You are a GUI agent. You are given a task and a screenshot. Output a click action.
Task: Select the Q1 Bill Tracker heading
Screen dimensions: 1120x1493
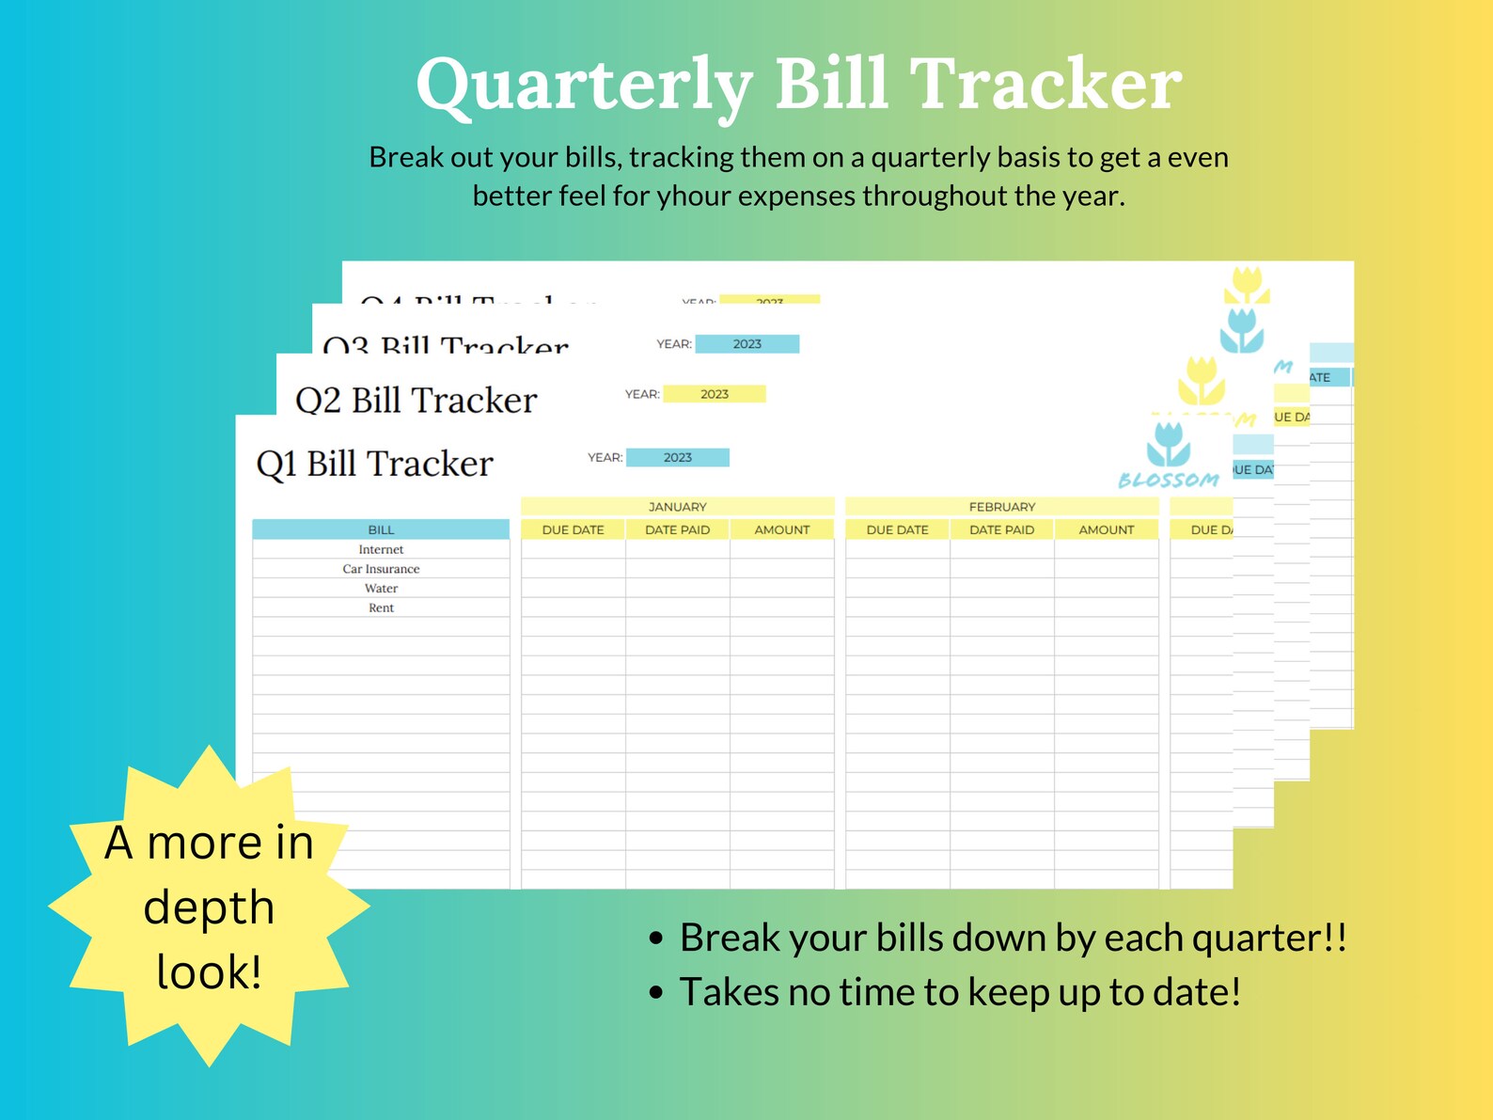pos(374,464)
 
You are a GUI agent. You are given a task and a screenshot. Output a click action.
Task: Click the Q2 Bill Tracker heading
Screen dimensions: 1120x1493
pos(416,401)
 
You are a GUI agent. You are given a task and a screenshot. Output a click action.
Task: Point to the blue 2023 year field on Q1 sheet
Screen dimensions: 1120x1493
pos(677,458)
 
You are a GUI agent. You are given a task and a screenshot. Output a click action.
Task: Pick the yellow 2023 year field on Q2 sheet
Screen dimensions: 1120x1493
pos(714,394)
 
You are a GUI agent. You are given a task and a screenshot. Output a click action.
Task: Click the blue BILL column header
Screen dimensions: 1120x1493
pos(381,529)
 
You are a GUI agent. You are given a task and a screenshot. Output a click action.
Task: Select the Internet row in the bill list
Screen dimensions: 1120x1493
pos(381,549)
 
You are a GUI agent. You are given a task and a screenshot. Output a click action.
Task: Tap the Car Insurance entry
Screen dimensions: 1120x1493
pos(381,569)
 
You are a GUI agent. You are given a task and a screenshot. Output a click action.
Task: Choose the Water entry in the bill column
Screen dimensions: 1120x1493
pos(381,589)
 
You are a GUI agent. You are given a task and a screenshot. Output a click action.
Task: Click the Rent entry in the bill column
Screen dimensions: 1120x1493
pos(381,607)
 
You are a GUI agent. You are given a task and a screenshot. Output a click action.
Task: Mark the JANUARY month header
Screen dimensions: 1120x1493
pos(677,506)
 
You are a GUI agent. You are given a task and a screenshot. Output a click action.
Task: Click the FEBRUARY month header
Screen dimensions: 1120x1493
pos(1001,506)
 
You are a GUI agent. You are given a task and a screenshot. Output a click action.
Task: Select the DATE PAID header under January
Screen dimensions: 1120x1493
pos(677,529)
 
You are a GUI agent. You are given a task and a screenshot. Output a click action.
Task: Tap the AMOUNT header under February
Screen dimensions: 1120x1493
pos(1106,529)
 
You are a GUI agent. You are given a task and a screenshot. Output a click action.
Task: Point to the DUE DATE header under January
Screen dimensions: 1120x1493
pos(573,529)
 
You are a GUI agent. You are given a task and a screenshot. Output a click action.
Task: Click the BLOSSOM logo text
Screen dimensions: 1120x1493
pos(1169,480)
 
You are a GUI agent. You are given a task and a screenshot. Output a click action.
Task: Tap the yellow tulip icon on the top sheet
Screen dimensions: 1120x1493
pos(1247,283)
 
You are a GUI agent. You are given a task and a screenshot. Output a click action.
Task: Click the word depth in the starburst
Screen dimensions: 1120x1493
pos(209,907)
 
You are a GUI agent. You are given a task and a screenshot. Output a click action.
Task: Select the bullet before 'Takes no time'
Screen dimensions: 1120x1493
pos(656,992)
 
